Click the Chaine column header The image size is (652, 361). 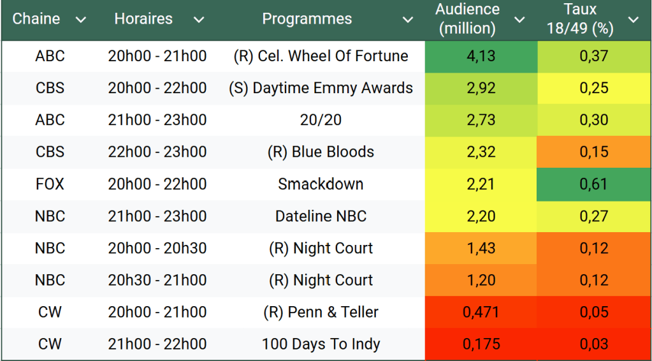point(36,19)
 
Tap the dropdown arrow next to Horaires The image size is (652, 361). point(199,20)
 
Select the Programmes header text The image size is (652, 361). point(307,19)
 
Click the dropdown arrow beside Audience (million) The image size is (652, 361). point(519,20)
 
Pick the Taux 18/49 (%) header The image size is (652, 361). point(580,19)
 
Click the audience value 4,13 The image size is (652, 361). point(481,56)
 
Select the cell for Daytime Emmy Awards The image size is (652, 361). point(321,88)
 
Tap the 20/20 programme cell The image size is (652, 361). point(321,120)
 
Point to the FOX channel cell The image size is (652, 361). point(50,184)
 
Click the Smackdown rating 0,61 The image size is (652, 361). point(594,184)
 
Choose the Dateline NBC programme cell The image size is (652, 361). point(321,216)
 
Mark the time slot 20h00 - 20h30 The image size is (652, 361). point(157,248)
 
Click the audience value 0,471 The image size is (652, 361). point(481,313)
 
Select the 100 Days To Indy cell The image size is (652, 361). point(321,344)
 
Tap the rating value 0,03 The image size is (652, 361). point(594,344)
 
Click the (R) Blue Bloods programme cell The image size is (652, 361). point(321,152)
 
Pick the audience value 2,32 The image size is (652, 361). point(481,152)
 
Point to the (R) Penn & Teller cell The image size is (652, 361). point(321,313)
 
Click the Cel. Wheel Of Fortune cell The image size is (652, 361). point(321,56)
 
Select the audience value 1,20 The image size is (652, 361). point(481,280)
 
